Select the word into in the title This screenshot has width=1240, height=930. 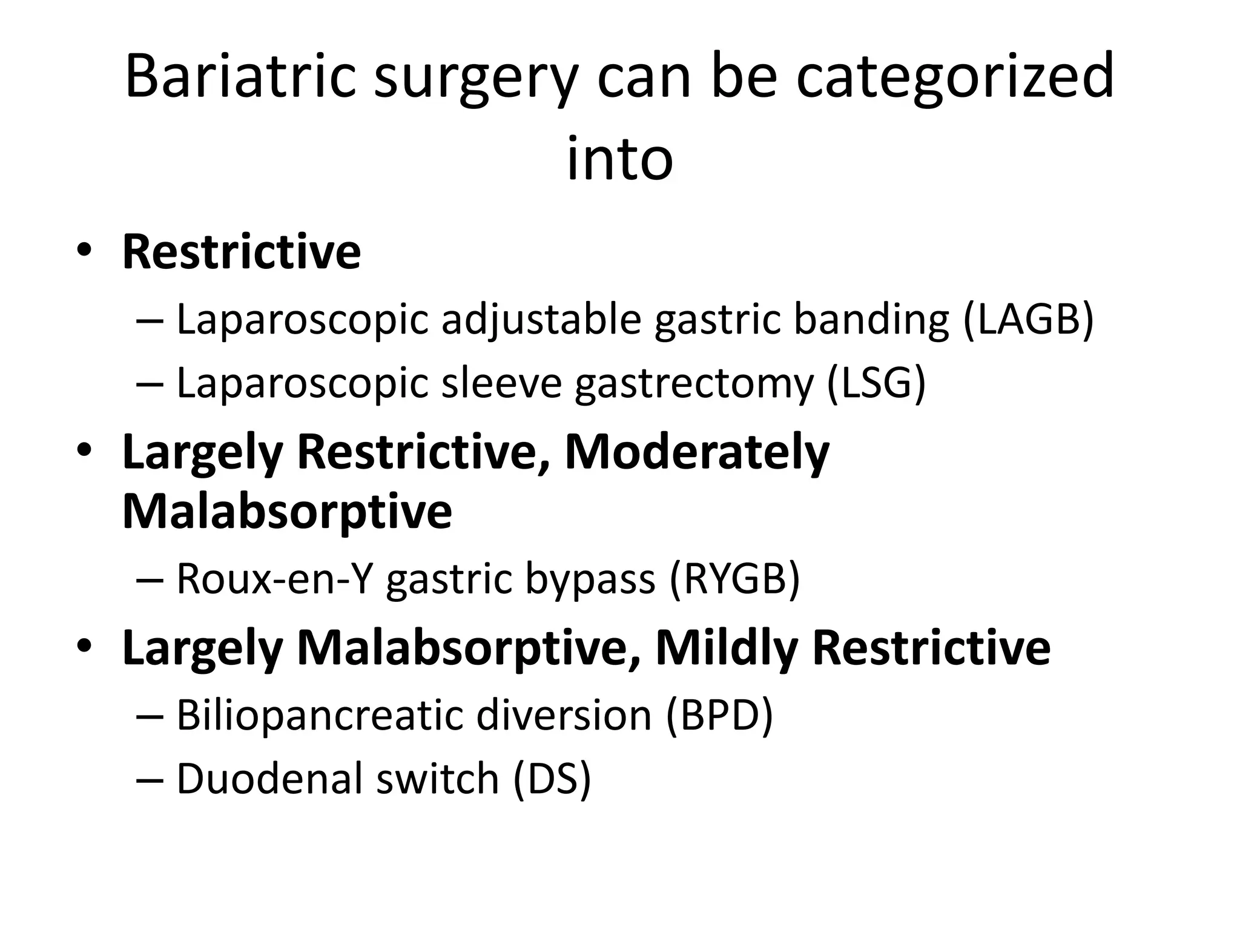(x=619, y=159)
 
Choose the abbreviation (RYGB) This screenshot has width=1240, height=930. (x=735, y=578)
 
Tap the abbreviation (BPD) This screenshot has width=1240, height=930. (x=719, y=714)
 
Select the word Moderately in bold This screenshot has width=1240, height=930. (x=697, y=452)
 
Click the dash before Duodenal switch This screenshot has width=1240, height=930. (x=150, y=779)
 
